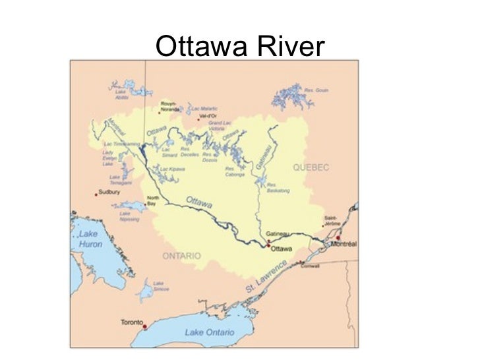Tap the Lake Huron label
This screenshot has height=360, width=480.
point(90,239)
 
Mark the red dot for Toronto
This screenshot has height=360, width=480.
point(144,324)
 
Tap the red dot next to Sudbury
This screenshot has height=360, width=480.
point(96,194)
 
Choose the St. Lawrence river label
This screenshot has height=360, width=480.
point(266,278)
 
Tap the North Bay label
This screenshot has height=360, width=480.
point(152,201)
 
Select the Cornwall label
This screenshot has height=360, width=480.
point(309,266)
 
